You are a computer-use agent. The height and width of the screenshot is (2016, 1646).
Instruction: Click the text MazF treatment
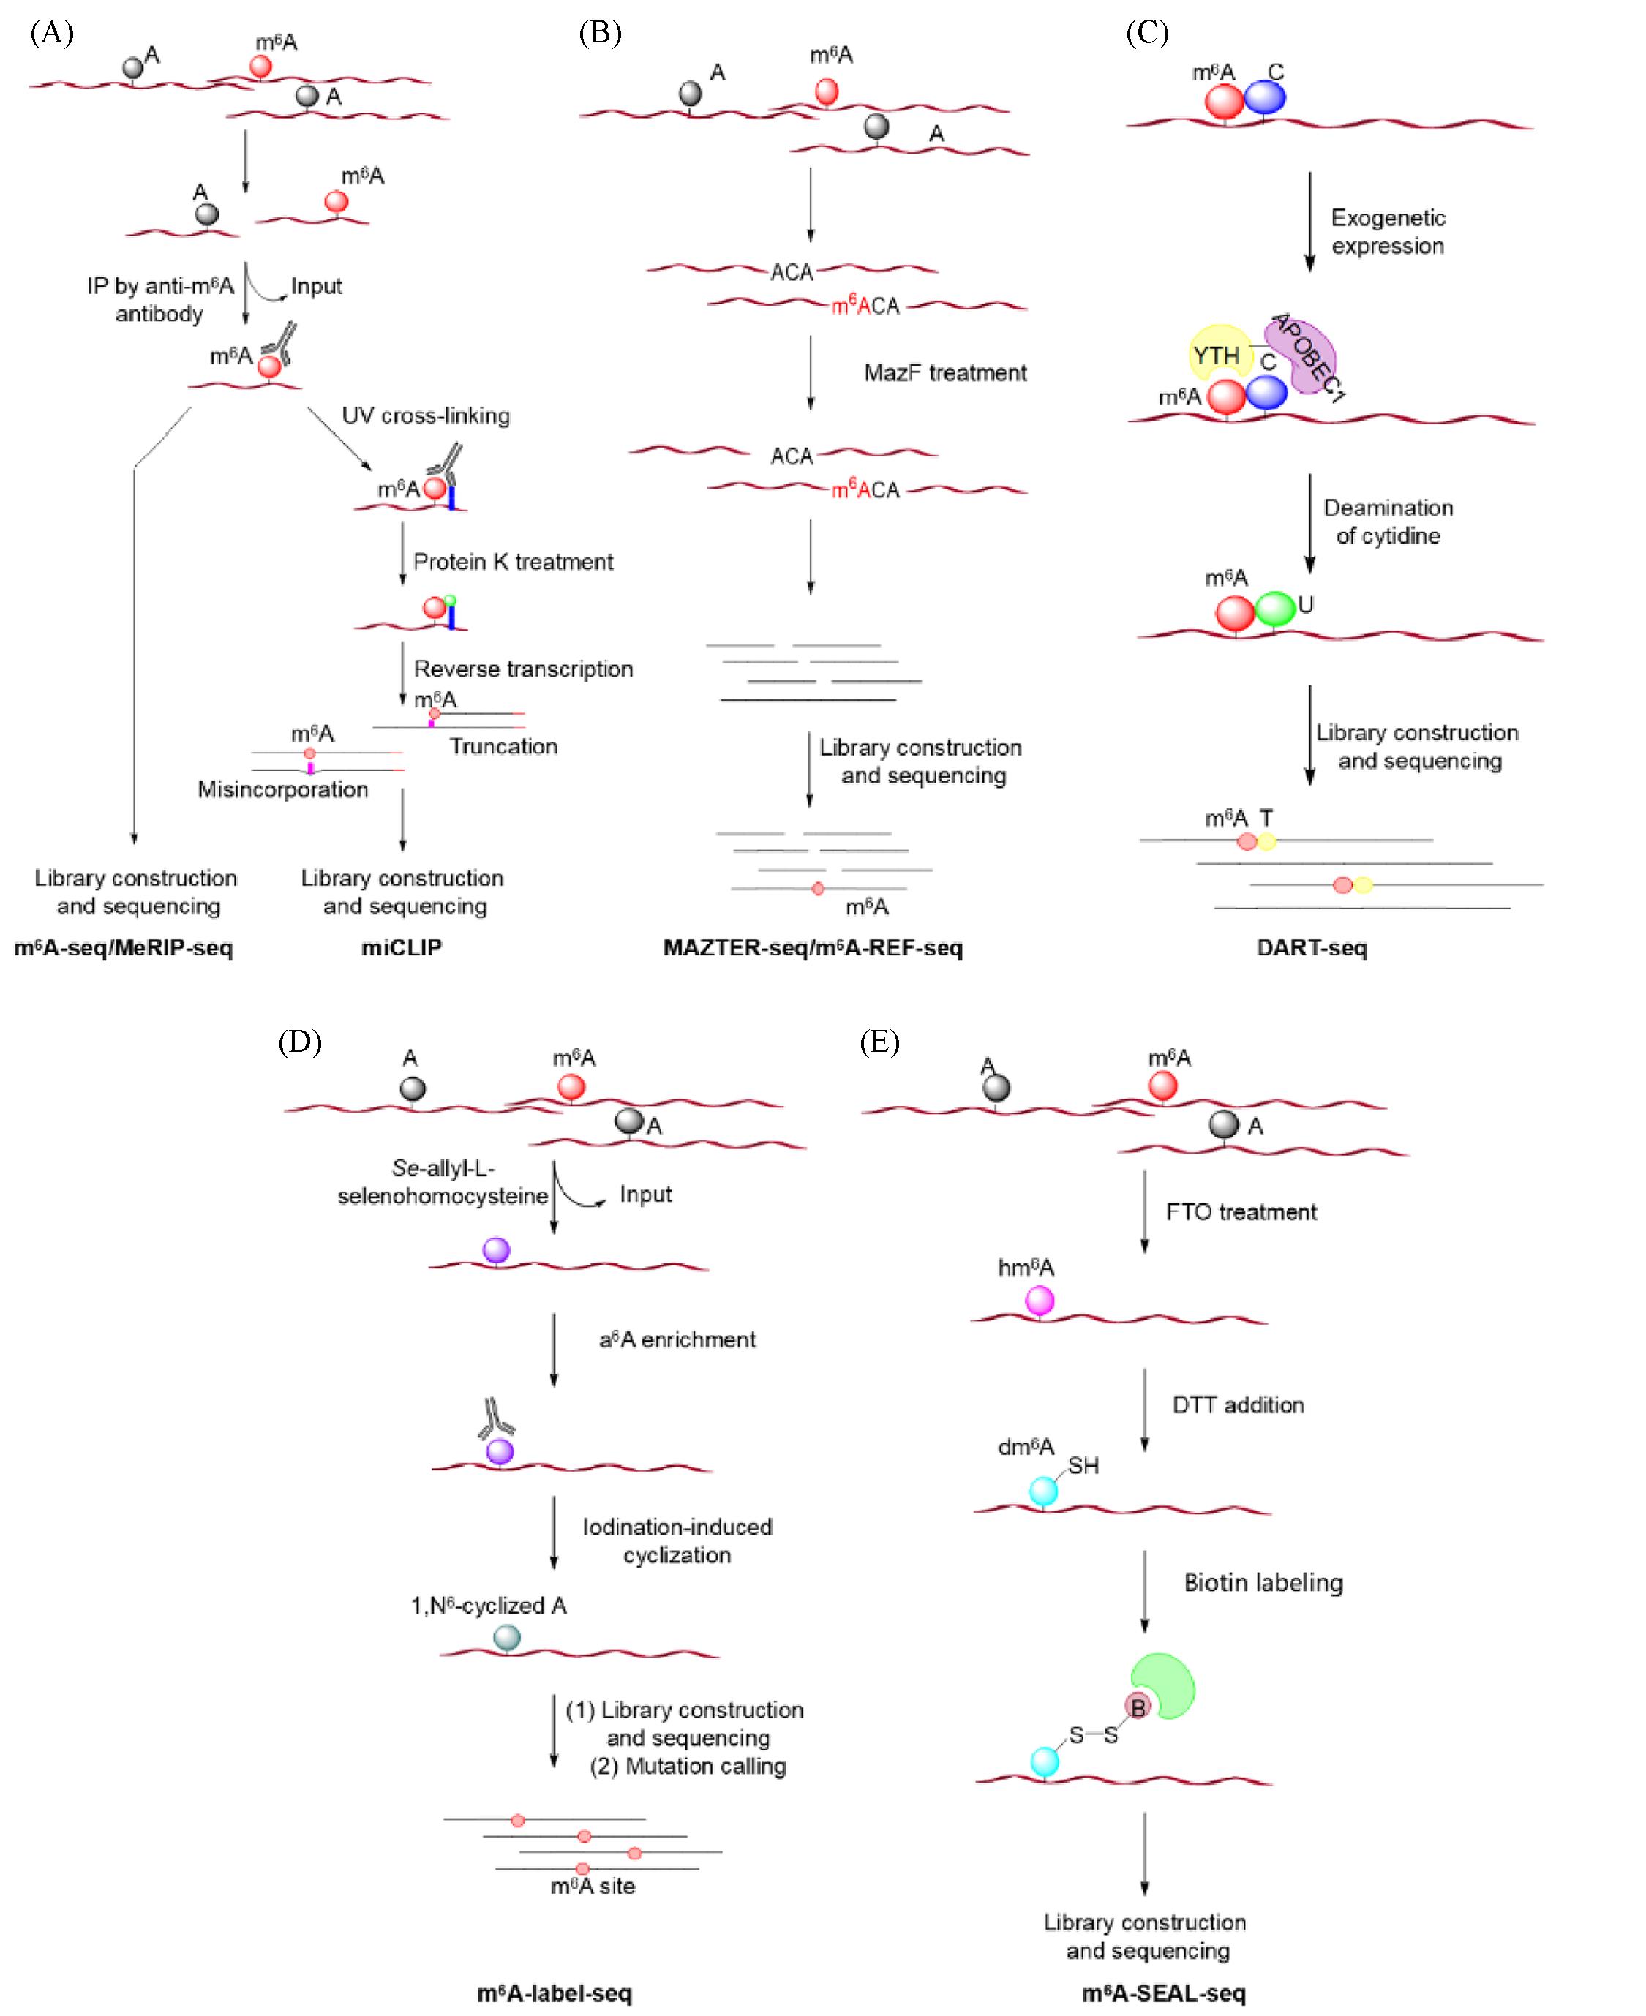(944, 372)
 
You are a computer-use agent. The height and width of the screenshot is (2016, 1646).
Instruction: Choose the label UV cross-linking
(426, 415)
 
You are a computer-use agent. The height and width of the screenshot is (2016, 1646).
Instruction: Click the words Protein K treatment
(513, 561)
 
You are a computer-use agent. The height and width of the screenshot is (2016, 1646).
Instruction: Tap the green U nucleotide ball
(1275, 609)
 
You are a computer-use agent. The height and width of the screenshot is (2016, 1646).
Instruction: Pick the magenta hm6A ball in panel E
(1040, 1301)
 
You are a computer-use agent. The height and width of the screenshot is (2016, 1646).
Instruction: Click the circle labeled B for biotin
(1138, 1706)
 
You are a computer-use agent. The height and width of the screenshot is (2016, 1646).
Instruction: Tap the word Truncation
(503, 746)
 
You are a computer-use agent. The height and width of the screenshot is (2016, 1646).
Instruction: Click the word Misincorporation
(282, 789)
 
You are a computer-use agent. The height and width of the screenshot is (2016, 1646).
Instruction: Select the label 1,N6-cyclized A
(488, 1606)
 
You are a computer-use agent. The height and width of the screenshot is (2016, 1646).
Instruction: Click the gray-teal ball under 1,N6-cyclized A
(507, 1637)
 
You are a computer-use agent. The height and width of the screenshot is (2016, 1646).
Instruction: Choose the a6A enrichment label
(677, 1339)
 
